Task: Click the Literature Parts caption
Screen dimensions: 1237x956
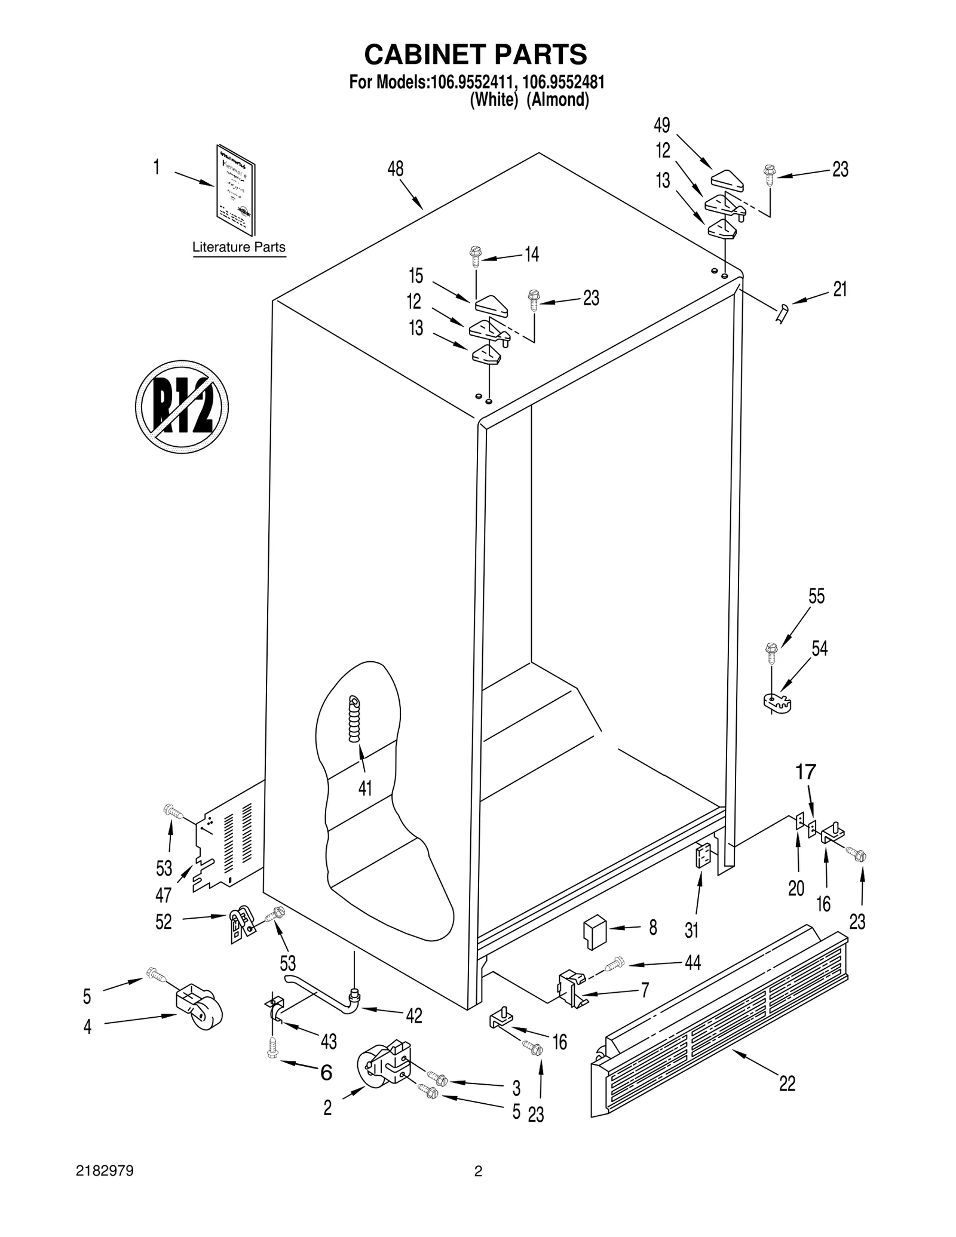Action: (238, 247)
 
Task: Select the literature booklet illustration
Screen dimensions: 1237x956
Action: (235, 190)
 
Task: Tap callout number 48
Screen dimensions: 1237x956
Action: (395, 169)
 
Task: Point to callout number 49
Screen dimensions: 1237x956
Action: (661, 125)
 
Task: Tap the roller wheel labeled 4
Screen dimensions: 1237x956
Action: (199, 1008)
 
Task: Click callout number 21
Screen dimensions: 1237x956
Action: (839, 290)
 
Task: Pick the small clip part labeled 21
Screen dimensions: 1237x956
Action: (782, 312)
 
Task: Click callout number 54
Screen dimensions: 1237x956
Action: (819, 649)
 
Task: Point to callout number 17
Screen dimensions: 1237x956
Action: (805, 772)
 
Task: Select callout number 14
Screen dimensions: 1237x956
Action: (531, 254)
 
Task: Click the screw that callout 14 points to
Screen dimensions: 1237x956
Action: (476, 256)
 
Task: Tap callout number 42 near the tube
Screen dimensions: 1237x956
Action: (413, 1015)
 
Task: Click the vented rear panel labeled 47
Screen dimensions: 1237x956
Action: (230, 842)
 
